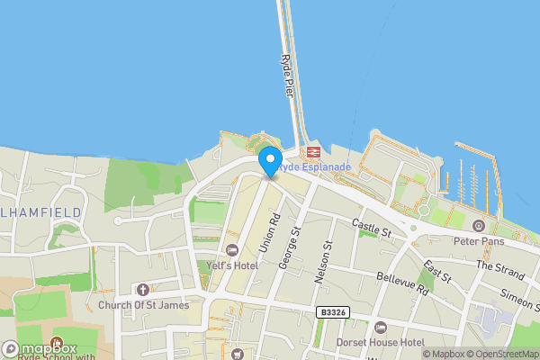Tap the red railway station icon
(x=313, y=153)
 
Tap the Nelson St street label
(x=323, y=256)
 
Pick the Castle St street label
(x=372, y=229)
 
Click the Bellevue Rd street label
(x=399, y=285)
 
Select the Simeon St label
(x=519, y=301)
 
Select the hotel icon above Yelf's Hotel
(x=232, y=250)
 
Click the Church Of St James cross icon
(x=143, y=289)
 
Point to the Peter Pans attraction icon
(x=478, y=225)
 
